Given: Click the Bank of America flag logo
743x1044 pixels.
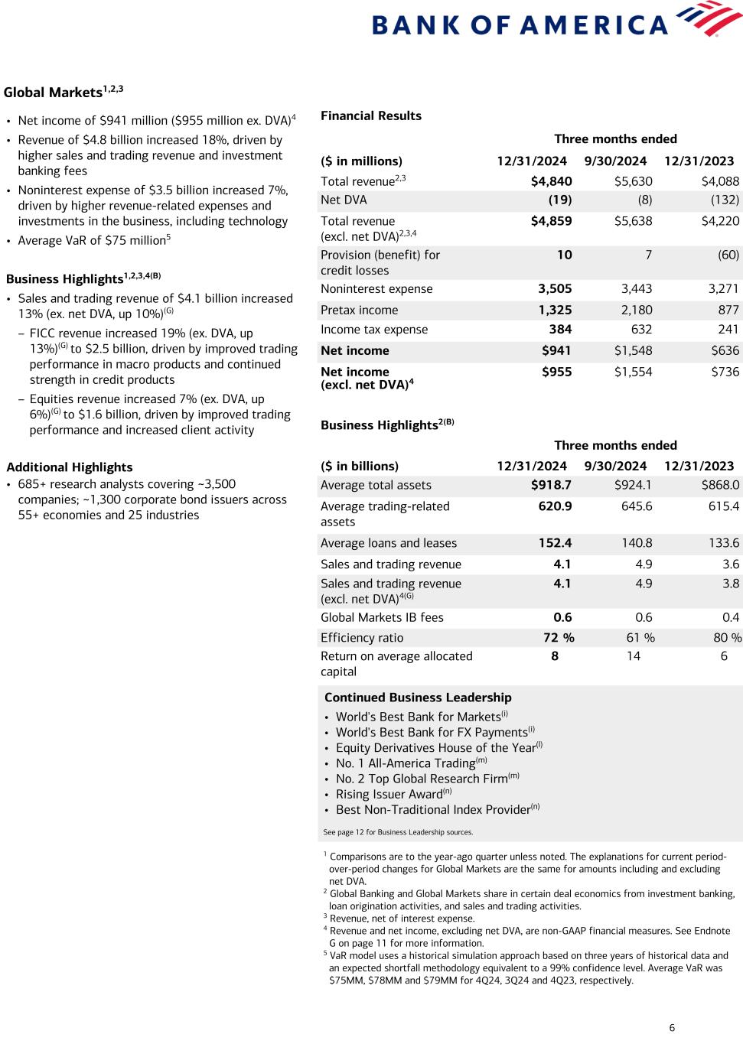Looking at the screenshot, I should pos(711,18).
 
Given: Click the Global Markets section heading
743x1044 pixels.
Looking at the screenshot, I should pos(53,93).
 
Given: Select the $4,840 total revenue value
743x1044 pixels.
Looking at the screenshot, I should pos(551,181).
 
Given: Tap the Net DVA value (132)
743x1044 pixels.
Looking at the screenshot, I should pos(723,200).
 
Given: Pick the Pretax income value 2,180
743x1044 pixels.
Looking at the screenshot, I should pos(634,311).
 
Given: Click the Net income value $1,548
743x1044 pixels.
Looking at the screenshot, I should pos(633,351).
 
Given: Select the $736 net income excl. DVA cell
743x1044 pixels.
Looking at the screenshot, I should pos(725,372).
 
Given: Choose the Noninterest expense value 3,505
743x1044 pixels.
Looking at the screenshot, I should pos(555,289).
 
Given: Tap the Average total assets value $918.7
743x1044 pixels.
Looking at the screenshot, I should pos(551,486).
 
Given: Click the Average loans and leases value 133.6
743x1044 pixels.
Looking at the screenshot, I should pos(725,544).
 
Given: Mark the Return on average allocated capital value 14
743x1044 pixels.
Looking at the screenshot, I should pos(634,656).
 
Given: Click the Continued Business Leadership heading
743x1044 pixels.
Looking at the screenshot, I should pos(418,698).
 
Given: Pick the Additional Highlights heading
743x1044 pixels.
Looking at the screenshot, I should pos(70,467).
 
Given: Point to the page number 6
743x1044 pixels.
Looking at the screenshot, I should pos(672,1028).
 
